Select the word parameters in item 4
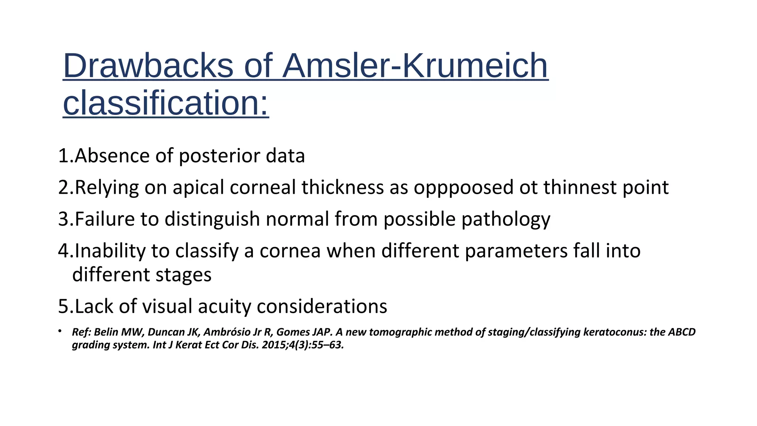point(516,251)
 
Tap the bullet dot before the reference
point(60,331)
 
